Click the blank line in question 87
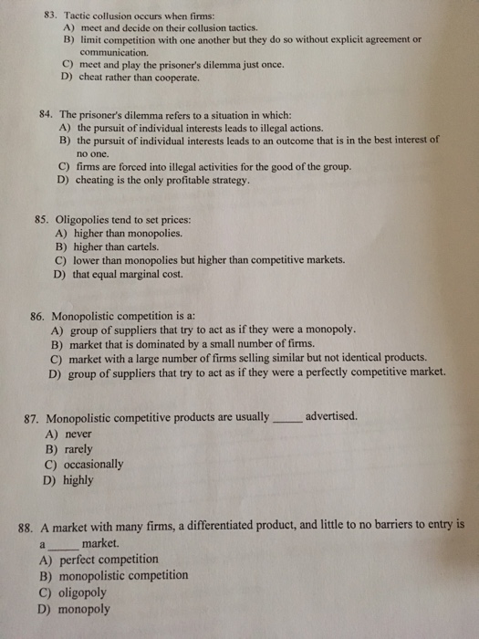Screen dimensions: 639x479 286,418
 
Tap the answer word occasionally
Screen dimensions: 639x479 94,465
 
